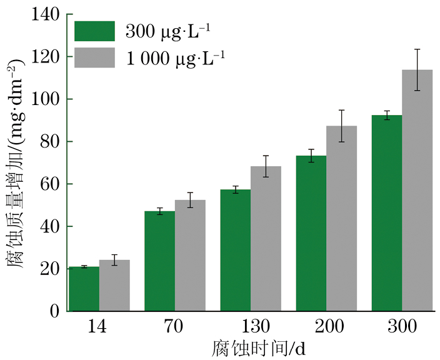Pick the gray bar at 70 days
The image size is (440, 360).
pyautogui.click(x=190, y=256)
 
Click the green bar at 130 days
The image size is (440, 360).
pyautogui.click(x=235, y=250)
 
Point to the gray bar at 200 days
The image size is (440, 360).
pyautogui.click(x=341, y=219)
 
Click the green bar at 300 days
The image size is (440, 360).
pyautogui.click(x=386, y=213)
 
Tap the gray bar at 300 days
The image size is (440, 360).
pyautogui.click(x=417, y=191)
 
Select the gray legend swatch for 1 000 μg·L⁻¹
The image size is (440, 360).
pyautogui.click(x=94, y=57)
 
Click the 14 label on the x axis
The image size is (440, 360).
pyautogui.click(x=99, y=326)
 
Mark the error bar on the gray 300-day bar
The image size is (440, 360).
pyautogui.click(x=417, y=69)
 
